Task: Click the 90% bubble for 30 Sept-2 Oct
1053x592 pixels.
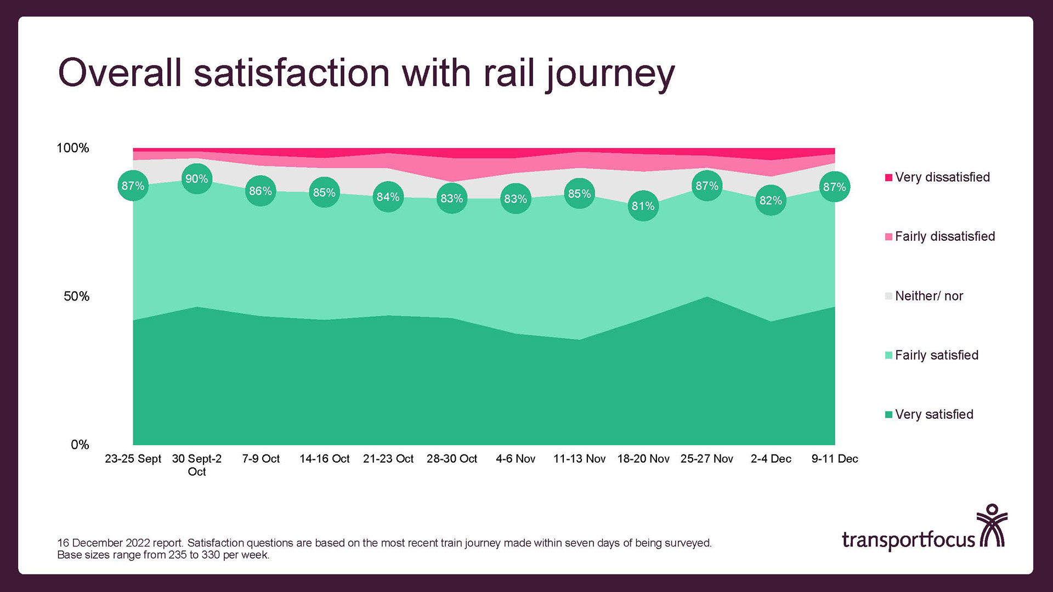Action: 196,179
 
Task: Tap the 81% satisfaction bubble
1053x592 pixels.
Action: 643,206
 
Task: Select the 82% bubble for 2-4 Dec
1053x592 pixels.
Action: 771,201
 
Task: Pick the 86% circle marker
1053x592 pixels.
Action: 261,191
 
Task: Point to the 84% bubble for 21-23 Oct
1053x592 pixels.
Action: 388,197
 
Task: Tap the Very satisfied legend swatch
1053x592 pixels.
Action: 888,414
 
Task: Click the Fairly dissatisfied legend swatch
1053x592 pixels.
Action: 888,237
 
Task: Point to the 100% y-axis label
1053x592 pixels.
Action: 73,148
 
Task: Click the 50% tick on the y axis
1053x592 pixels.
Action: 76,297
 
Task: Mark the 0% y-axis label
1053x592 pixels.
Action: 80,445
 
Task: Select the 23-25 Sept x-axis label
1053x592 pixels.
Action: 133,459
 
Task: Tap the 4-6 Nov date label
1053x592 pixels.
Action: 516,459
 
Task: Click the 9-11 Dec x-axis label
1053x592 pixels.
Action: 834,459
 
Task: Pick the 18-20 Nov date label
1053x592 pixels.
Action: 643,459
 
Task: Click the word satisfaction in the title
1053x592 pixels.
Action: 292,73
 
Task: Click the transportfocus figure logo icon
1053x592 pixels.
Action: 992,526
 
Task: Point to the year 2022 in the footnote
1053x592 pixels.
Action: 138,543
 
